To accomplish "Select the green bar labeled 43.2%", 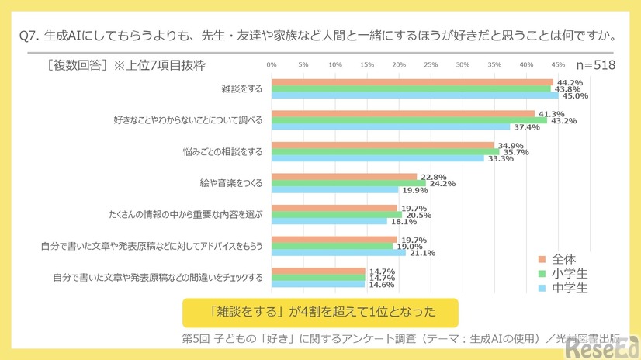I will pos(409,120).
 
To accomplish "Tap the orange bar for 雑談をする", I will pos(412,82).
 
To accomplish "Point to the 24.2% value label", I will pos(442,184).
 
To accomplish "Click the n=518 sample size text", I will pos(595,65).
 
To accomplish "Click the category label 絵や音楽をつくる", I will pos(230,183).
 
